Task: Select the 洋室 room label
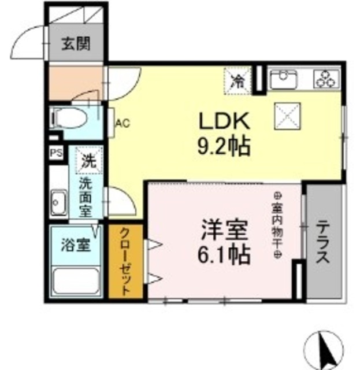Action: tap(225, 231)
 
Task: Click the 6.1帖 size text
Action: tap(225, 254)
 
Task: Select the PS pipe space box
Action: tap(56, 153)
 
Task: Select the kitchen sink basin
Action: tap(283, 78)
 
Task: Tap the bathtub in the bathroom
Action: tap(76, 282)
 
